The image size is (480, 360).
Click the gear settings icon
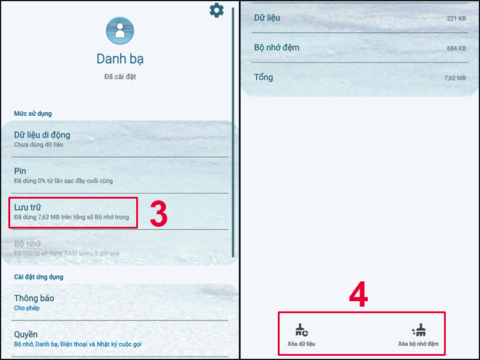[217, 10]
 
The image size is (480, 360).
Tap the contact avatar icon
[120, 31]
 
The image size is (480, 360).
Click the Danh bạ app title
[120, 59]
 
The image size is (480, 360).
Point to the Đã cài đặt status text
[120, 77]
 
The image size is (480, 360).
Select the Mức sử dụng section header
[33, 113]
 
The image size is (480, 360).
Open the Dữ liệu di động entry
[42, 134]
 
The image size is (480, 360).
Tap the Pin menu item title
[20, 171]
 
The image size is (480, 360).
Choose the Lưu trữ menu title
[28, 207]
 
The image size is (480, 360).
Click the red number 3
[158, 214]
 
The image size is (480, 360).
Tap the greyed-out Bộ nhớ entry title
[27, 244]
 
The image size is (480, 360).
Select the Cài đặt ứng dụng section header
[38, 277]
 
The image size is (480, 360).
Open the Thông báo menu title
[34, 298]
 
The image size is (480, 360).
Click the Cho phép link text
[26, 308]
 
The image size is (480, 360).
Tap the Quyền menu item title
[26, 335]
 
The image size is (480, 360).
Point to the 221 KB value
[456, 19]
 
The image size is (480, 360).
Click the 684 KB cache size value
[456, 49]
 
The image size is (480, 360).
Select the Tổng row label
[263, 77]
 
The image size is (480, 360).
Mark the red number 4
[358, 294]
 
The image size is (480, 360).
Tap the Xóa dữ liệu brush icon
[302, 330]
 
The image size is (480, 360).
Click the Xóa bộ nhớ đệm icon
[418, 330]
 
